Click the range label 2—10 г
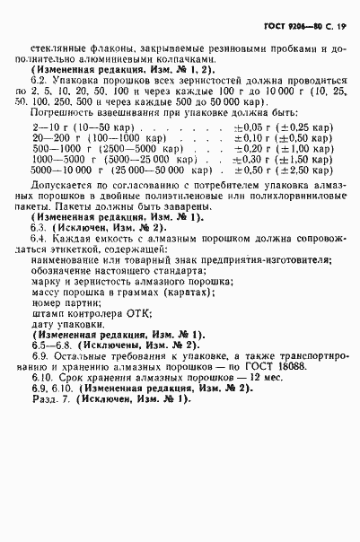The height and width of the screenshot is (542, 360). [45, 128]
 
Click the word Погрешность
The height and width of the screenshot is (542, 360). [58, 113]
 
